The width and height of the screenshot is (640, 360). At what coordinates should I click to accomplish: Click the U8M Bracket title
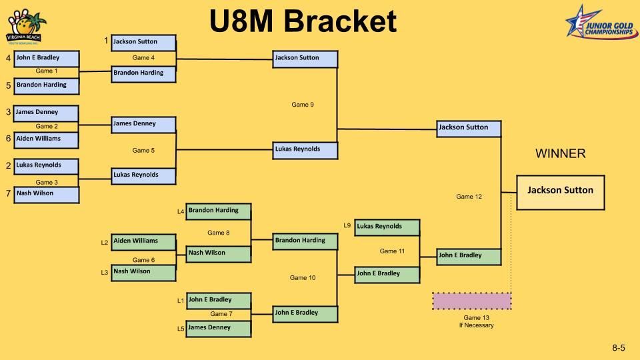pyautogui.click(x=303, y=21)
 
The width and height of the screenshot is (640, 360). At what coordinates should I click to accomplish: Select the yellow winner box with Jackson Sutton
pyautogui.click(x=560, y=192)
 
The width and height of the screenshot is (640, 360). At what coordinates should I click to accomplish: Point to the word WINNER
pyautogui.click(x=560, y=154)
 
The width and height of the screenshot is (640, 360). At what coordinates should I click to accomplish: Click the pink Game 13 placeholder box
pyautogui.click(x=471, y=301)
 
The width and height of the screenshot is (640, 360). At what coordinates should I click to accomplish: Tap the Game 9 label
pyautogui.click(x=303, y=105)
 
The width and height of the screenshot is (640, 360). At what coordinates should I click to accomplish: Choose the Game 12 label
pyautogui.click(x=469, y=197)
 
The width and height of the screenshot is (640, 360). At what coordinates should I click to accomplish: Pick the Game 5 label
pyautogui.click(x=143, y=151)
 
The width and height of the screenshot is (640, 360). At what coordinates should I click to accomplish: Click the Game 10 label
pyautogui.click(x=303, y=277)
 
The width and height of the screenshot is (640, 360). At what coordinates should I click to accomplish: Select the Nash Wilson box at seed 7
pyautogui.click(x=45, y=194)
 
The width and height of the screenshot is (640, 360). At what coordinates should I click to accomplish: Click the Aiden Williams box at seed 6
pyautogui.click(x=45, y=140)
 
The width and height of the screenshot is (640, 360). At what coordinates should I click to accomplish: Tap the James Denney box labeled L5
pyautogui.click(x=219, y=328)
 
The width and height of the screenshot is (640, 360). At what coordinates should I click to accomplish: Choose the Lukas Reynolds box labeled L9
pyautogui.click(x=387, y=227)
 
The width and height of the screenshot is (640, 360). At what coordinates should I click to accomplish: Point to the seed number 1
pyautogui.click(x=106, y=41)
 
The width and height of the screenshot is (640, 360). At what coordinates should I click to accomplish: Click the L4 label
pyautogui.click(x=180, y=212)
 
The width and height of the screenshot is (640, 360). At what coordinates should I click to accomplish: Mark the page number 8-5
pyautogui.click(x=619, y=348)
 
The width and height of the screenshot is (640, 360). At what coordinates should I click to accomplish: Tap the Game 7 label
pyautogui.click(x=221, y=314)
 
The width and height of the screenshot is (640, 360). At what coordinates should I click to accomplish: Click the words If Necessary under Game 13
pyautogui.click(x=471, y=325)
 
